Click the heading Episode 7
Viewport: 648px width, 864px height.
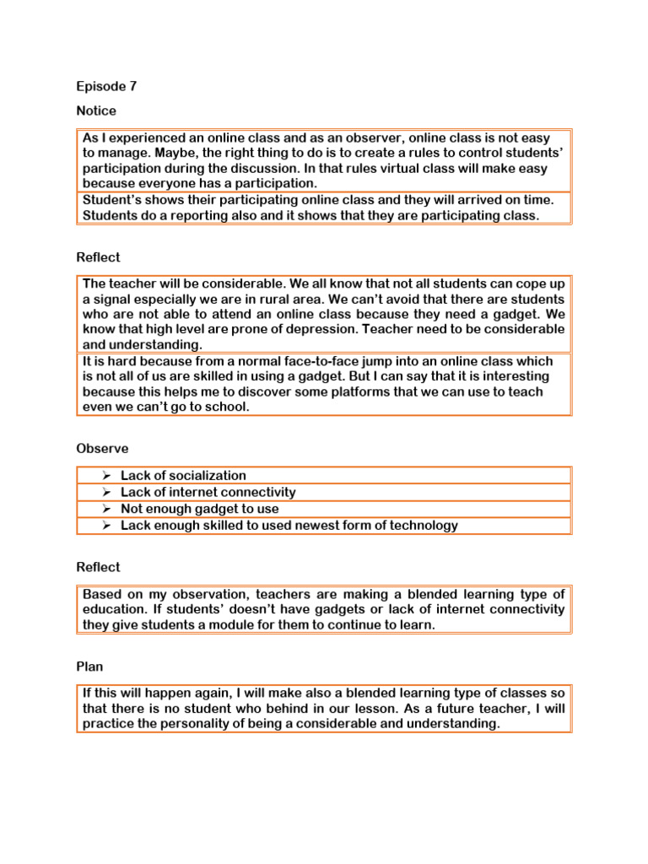click(106, 86)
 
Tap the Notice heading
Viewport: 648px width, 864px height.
click(96, 111)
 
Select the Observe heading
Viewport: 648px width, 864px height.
click(102, 449)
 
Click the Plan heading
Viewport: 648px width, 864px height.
click(89, 667)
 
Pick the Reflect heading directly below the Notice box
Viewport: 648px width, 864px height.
click(98, 257)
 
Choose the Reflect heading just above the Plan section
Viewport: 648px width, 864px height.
click(98, 568)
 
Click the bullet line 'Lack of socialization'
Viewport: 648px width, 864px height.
click(183, 476)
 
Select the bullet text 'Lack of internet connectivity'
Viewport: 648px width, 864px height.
click(208, 492)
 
